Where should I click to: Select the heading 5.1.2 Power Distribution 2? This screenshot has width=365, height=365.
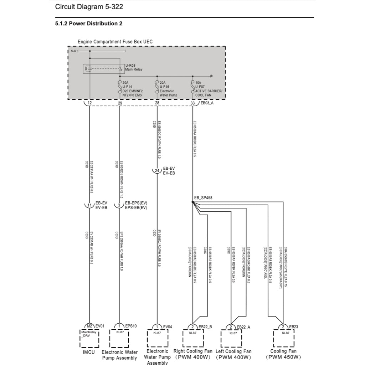pos(89,24)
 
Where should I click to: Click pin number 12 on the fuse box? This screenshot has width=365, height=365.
pos(89,103)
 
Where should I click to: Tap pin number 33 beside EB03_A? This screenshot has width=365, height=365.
pos(192,103)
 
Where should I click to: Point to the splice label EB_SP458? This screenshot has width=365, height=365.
pos(203,197)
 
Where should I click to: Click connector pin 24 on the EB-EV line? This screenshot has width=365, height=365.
pos(157,171)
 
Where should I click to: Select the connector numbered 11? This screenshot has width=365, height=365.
pos(89,205)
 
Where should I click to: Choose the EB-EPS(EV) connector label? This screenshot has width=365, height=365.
pos(136,203)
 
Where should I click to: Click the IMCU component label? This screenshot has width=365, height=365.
pos(89,352)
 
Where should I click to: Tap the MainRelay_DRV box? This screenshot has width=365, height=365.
pos(89,334)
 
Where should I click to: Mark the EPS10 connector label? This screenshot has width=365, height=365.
pos(131,326)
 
